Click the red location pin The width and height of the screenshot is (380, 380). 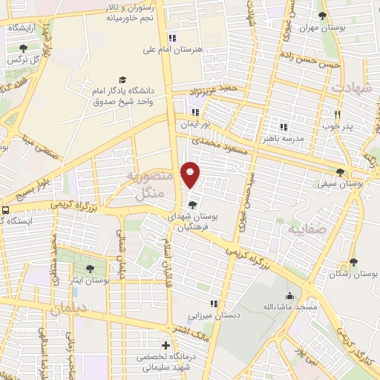[191, 174]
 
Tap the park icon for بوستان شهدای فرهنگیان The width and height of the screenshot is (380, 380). [193, 205]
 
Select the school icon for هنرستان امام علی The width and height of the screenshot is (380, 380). [173, 38]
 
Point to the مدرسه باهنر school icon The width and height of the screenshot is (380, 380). [283, 126]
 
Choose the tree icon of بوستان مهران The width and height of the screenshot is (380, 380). [321, 16]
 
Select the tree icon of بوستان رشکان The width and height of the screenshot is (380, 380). [353, 262]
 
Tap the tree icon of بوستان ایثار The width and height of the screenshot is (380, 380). [90, 268]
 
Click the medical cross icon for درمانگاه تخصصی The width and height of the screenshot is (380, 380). [166, 346]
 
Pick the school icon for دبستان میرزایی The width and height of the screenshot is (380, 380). [214, 303]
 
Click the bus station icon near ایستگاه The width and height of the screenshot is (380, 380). [6, 210]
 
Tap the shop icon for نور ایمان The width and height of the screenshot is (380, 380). [195, 112]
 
